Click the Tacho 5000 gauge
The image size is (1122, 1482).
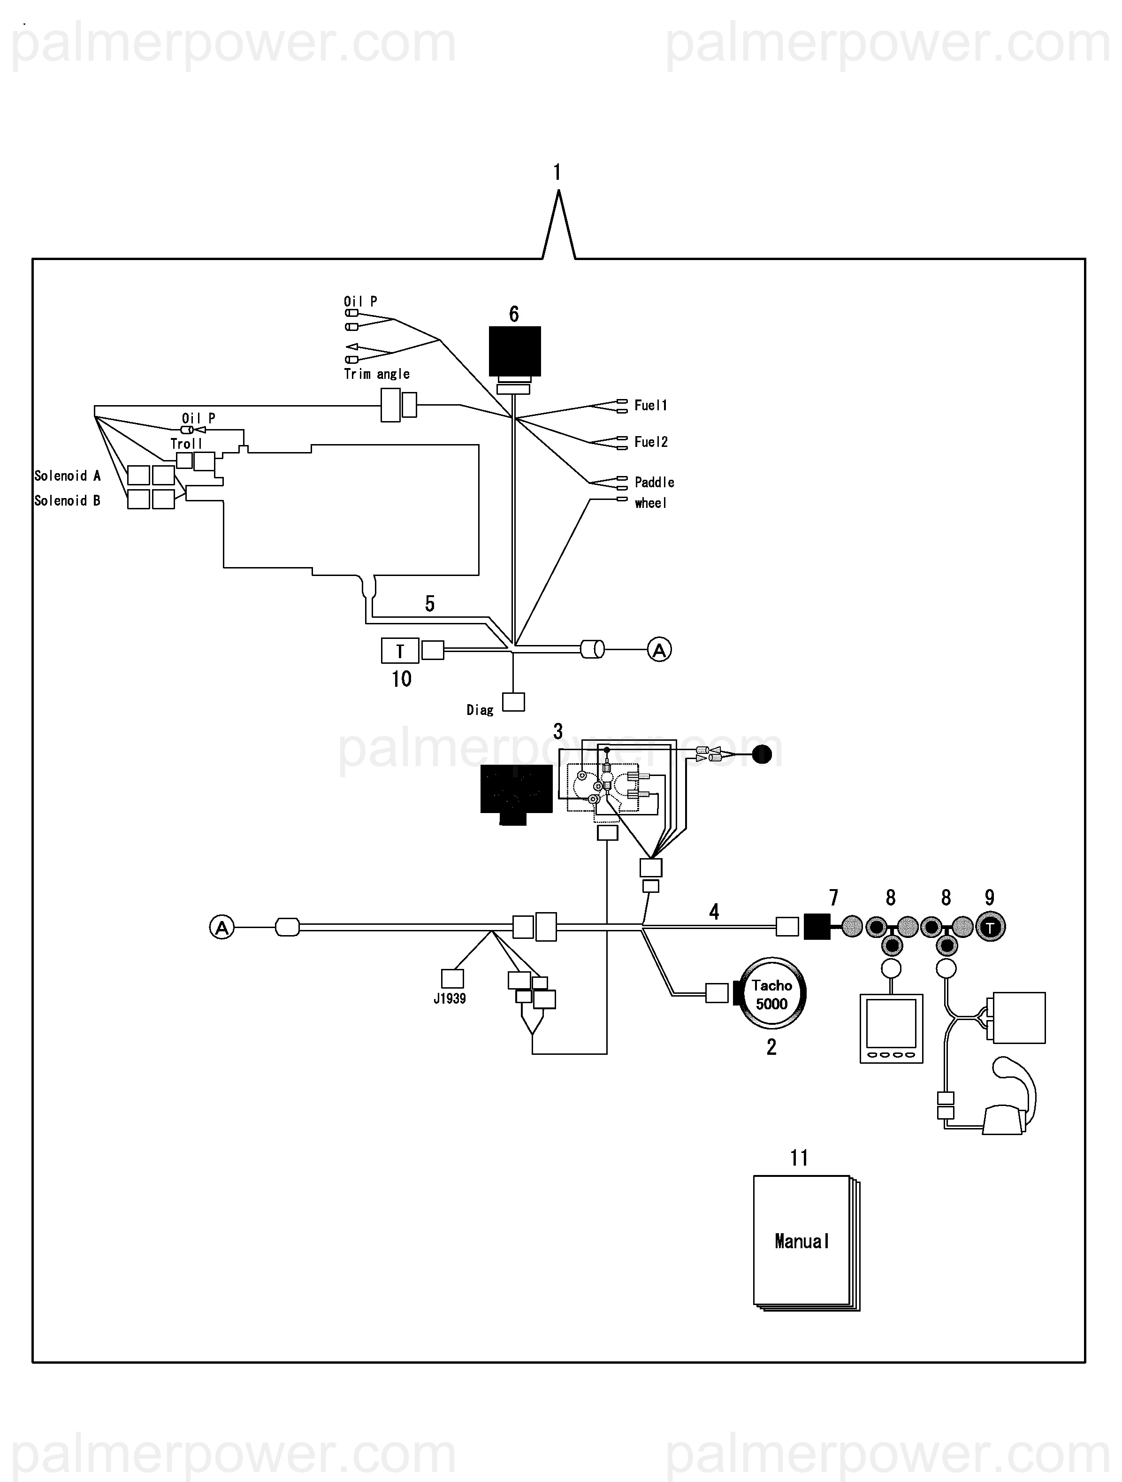point(771,994)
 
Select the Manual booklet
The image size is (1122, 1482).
point(802,1242)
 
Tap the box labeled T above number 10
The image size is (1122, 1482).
point(400,651)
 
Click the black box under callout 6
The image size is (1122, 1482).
point(514,352)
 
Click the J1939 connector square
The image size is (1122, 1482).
point(452,979)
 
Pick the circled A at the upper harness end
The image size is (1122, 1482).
point(659,649)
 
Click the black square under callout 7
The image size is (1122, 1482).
point(817,927)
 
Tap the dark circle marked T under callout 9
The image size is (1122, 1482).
point(991,927)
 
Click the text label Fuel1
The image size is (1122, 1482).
point(650,405)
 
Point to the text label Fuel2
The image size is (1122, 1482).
point(650,442)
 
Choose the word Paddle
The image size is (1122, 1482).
point(654,483)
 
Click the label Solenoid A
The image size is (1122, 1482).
point(67,476)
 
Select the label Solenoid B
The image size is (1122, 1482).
point(67,500)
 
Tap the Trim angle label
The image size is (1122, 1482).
point(376,374)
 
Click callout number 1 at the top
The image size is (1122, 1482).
point(557,173)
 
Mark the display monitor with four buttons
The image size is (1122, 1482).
point(891,1029)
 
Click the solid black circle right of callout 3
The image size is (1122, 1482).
point(762,754)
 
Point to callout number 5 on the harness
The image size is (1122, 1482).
point(430,604)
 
